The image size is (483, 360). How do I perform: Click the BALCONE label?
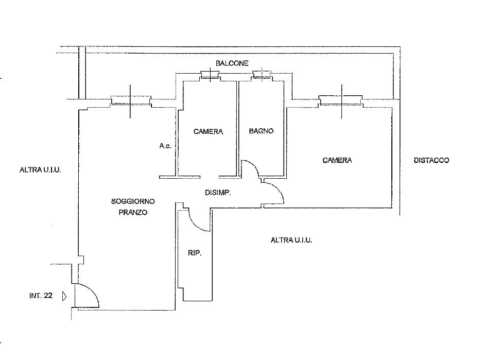232,63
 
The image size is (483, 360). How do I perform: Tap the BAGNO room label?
261,131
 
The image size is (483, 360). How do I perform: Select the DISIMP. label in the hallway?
218,193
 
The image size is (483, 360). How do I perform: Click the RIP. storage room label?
195,253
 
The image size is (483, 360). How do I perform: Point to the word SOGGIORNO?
133,201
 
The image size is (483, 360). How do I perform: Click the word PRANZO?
133,212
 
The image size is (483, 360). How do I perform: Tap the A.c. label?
165,146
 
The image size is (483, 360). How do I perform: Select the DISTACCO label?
432,160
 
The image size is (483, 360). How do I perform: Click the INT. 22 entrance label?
41,296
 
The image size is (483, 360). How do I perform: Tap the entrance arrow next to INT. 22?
64,296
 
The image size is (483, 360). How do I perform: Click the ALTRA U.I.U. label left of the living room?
40,170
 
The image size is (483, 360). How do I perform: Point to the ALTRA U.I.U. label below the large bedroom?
291,240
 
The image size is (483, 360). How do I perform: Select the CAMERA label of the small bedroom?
208,132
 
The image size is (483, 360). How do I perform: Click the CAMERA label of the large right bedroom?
337,160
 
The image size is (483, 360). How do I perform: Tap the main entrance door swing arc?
92,292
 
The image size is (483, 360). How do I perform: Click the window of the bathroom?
262,75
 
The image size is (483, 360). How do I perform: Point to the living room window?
131,101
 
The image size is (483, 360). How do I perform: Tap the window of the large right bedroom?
341,101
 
